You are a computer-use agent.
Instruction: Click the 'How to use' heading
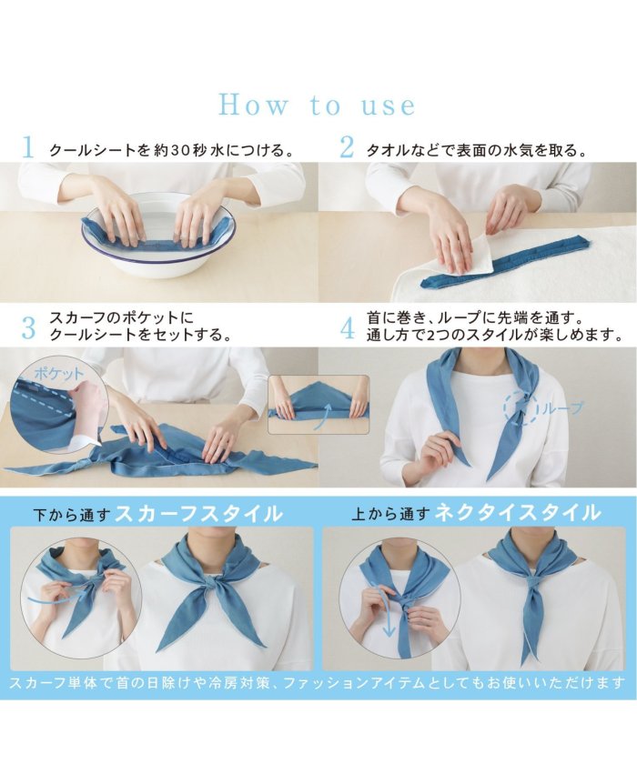[x=318, y=105]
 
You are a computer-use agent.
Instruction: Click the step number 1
[x=28, y=147]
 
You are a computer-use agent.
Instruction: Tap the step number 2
[x=347, y=147]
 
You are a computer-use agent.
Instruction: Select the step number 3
[x=29, y=328]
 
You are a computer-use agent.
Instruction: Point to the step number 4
[x=347, y=328]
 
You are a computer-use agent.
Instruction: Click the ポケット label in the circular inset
[x=59, y=374]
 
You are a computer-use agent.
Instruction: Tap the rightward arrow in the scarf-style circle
[x=57, y=596]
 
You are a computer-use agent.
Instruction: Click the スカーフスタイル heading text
[x=198, y=514]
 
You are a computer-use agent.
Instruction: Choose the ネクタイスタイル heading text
[x=517, y=513]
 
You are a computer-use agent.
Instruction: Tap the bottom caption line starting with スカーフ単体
[x=317, y=682]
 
